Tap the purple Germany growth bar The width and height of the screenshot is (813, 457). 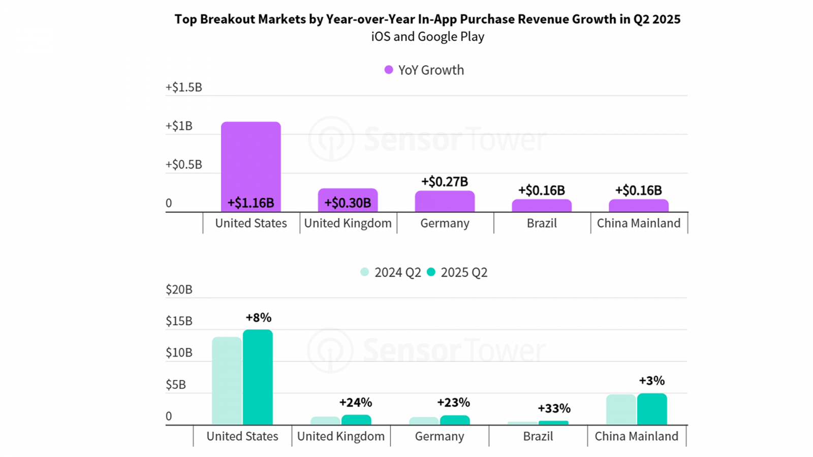pyautogui.click(x=445, y=202)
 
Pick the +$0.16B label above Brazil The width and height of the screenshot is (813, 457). pyautogui.click(x=541, y=190)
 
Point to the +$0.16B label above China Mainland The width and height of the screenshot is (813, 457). pyautogui.click(x=638, y=190)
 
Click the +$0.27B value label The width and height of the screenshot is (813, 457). pyautogui.click(x=444, y=182)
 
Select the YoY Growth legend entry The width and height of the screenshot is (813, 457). pyautogui.click(x=424, y=70)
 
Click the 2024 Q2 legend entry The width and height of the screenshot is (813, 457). pyautogui.click(x=391, y=273)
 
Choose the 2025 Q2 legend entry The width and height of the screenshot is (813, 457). pyautogui.click(x=457, y=273)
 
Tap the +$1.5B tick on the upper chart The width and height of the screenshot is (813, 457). pyautogui.click(x=183, y=87)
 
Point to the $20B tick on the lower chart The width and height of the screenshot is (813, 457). pyautogui.click(x=179, y=289)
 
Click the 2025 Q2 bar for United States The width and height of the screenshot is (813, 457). pyautogui.click(x=258, y=377)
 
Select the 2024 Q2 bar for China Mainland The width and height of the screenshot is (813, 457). pyautogui.click(x=621, y=409)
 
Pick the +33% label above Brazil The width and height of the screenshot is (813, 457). pyautogui.click(x=554, y=409)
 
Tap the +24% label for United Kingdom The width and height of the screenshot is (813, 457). pyautogui.click(x=355, y=403)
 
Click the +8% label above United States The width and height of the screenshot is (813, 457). pyautogui.click(x=258, y=318)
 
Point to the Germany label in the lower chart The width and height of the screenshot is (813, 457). pyautogui.click(x=440, y=437)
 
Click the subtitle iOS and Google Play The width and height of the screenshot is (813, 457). pyautogui.click(x=427, y=37)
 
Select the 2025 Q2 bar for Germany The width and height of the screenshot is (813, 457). pyautogui.click(x=455, y=420)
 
